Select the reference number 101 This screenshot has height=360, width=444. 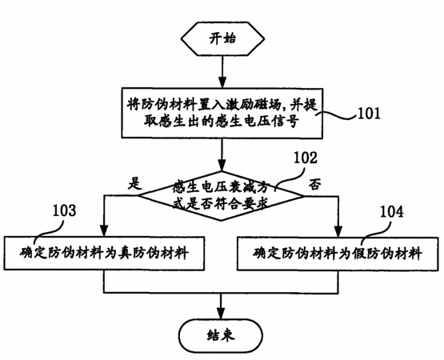(x=370, y=114)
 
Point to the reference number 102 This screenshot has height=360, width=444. (x=306, y=158)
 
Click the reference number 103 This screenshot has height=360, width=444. (x=65, y=210)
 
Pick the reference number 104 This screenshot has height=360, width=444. (x=391, y=211)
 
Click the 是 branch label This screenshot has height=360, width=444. (x=134, y=183)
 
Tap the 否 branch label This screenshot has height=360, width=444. (x=314, y=185)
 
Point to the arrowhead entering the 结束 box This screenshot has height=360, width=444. (x=221, y=313)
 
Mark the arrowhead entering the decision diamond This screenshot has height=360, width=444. (x=222, y=165)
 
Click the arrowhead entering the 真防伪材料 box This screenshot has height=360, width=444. (x=104, y=230)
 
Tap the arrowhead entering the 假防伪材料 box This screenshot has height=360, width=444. (x=338, y=230)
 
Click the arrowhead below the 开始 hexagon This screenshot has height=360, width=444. (x=222, y=82)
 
